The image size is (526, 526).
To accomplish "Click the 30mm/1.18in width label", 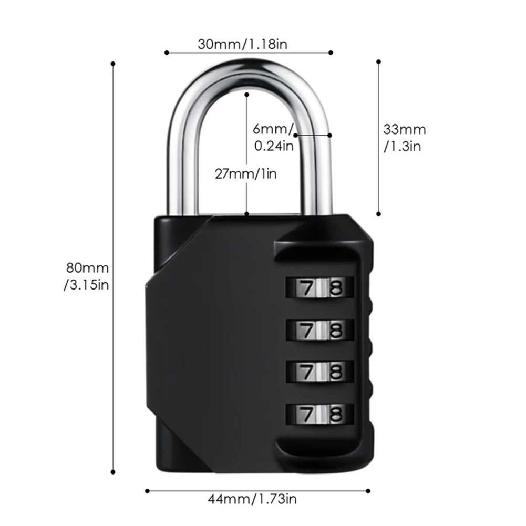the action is coord(242,44).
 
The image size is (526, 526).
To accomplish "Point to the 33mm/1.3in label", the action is coord(404,137).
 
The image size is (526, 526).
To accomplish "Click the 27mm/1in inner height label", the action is coord(246,173).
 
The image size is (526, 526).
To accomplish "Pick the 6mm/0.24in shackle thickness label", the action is coord(273,137).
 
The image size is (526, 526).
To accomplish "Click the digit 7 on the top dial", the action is coord(305,287).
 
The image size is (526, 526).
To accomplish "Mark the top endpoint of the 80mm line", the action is coord(113,64).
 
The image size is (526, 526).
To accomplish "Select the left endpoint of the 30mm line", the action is coord(166,53).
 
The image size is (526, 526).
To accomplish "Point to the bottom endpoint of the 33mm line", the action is coord(378,214).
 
